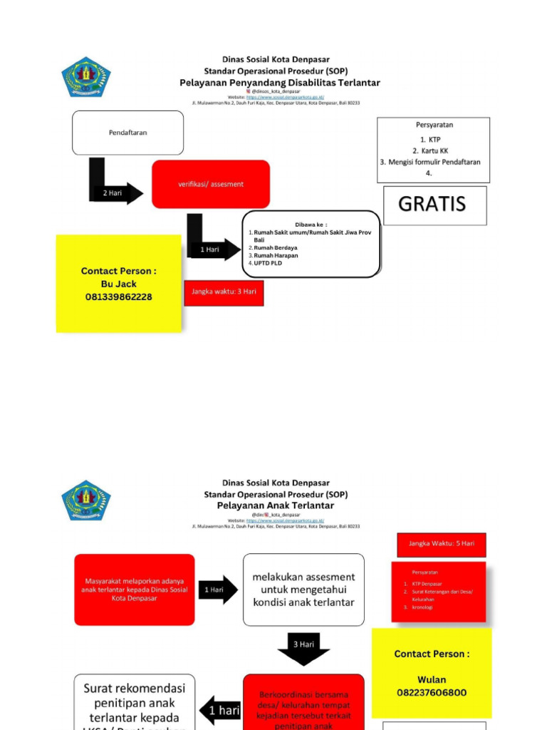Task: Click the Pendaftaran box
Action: coord(127,133)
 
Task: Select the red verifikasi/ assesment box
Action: coord(211,184)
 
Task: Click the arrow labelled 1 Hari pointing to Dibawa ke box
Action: coord(212,250)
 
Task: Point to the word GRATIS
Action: coord(432,204)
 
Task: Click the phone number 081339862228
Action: coord(118,297)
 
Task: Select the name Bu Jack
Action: coord(118,284)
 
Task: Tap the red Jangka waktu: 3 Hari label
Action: coord(224,292)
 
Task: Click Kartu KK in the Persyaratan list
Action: coord(434,151)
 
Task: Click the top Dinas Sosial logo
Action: coord(85,77)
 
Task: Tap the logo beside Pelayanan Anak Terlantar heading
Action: coord(85,500)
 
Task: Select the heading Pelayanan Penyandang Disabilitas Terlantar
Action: coord(279,83)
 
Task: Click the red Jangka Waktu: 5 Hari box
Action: coord(442,544)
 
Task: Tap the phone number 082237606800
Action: coord(432,692)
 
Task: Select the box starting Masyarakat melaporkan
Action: coord(134,590)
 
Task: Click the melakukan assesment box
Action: coord(303,590)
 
